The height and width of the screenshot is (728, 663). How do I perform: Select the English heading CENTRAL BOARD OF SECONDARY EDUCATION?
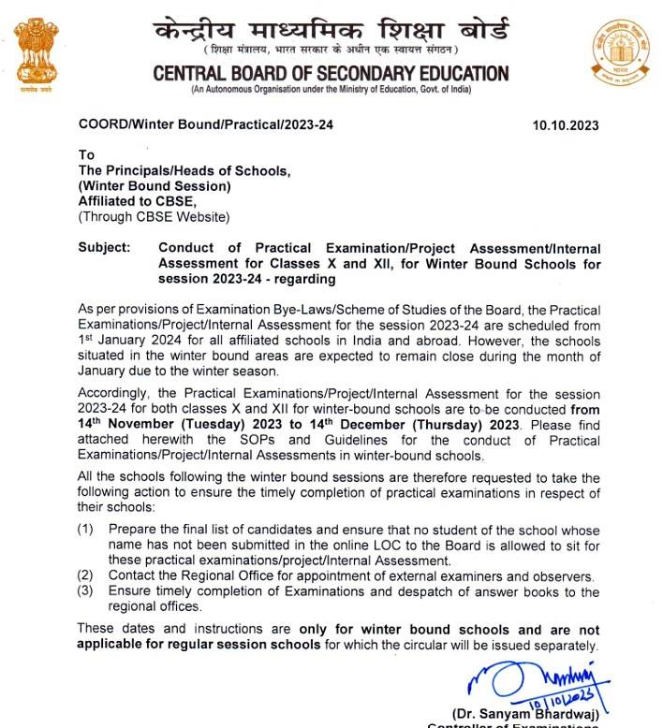pyautogui.click(x=331, y=74)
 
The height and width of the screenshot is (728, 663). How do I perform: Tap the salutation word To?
pyautogui.click(x=87, y=155)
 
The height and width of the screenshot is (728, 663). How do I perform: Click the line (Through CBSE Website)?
pyautogui.click(x=154, y=217)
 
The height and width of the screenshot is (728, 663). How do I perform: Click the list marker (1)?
pyautogui.click(x=85, y=530)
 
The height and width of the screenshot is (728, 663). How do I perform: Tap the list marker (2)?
pyautogui.click(x=85, y=575)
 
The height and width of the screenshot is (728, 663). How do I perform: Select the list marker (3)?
pyautogui.click(x=85, y=591)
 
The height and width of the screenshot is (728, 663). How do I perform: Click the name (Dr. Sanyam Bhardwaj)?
pyautogui.click(x=526, y=713)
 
